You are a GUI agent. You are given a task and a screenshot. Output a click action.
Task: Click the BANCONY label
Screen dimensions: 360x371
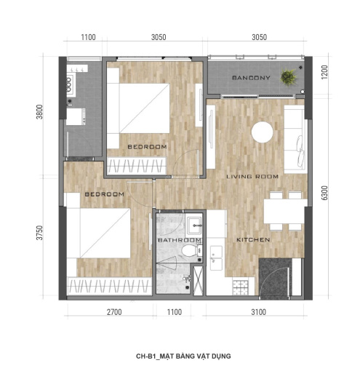coord(251,78)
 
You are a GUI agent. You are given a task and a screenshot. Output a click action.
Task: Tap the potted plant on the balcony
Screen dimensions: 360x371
coord(288,77)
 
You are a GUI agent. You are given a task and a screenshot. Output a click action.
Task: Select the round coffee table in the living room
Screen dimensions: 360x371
coord(262,132)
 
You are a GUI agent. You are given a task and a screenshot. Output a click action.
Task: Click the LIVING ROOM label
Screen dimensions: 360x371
coord(252,177)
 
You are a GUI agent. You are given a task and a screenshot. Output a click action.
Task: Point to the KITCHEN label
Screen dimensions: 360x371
coord(253,240)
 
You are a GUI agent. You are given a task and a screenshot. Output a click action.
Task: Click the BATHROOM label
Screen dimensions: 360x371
coord(180,240)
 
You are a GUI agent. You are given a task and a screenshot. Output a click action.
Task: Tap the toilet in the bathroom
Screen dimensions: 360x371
coord(191,250)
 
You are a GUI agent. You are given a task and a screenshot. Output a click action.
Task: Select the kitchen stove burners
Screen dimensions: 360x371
coord(240,287)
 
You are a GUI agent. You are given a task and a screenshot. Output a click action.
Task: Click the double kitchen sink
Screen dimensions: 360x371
coord(216,258)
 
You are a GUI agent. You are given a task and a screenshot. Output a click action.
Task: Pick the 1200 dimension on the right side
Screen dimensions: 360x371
coord(324,72)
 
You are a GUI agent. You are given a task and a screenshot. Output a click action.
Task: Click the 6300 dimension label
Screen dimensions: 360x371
coord(324,193)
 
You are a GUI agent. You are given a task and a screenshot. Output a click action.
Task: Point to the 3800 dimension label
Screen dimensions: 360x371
coord(39,112)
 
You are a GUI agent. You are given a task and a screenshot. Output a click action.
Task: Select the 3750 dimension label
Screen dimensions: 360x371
coord(39,233)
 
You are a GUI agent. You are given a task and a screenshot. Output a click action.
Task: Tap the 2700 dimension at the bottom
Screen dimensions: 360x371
coord(114,312)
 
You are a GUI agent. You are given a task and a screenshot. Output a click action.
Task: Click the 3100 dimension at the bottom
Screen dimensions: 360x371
coord(258,312)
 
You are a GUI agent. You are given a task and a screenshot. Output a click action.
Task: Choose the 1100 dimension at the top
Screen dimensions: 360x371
coord(88,37)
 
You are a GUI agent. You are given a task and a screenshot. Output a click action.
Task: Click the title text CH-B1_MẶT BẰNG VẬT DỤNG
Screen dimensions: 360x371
coord(183,356)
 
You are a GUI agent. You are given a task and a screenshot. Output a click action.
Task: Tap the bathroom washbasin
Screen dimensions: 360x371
coord(193,226)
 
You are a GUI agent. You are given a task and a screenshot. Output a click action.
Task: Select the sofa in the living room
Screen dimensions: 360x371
coord(294,139)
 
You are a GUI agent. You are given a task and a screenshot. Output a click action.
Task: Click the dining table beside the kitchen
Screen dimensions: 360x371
coord(285,211)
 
